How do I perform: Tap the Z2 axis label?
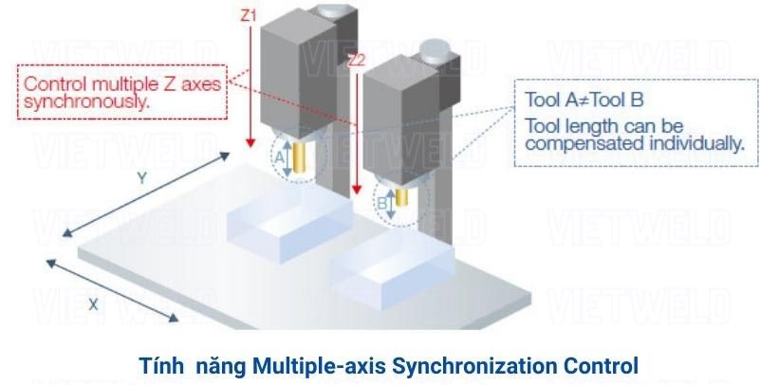tap(356, 61)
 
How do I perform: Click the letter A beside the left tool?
tap(279, 160)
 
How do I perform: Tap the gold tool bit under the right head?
tap(401, 195)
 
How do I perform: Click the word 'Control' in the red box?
tap(53, 83)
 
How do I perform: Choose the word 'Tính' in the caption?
tap(159, 364)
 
